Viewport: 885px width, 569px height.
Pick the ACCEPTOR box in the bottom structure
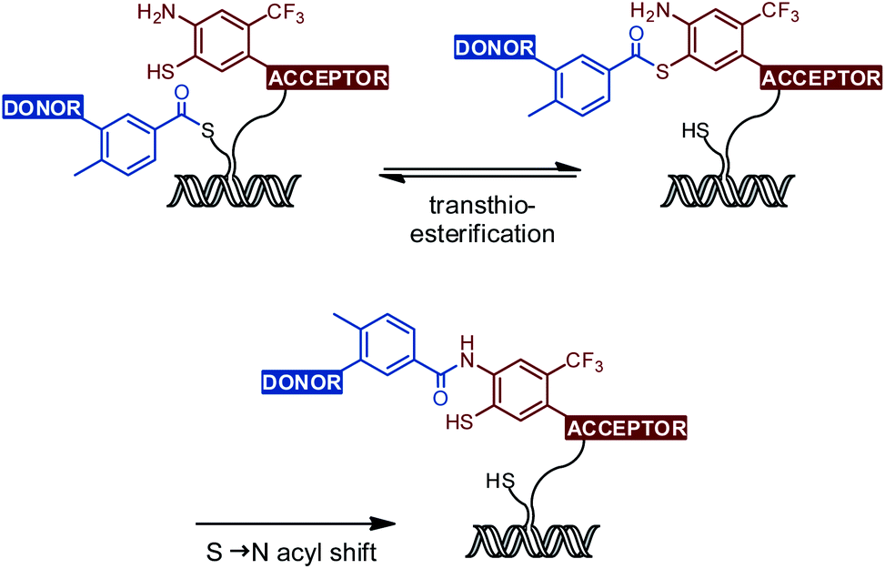(627, 426)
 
